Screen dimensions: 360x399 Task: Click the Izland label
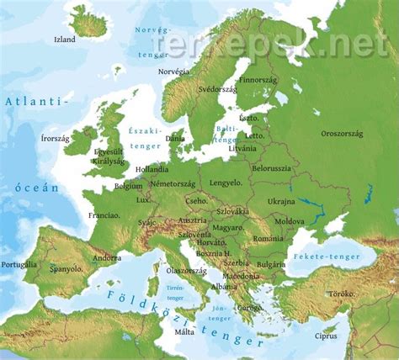pos(65,40)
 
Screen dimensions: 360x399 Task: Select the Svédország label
pos(217,88)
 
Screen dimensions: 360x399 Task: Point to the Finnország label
pos(257,81)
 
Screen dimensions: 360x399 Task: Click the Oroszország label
pos(342,133)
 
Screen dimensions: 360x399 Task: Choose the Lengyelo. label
pos(226,182)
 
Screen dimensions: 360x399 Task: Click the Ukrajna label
pos(281,201)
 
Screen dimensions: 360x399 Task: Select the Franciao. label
pos(104,215)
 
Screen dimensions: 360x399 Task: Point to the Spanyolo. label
pos(66,269)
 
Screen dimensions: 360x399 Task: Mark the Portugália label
pos(19,264)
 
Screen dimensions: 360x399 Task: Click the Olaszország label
pos(187,271)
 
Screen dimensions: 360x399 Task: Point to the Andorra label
pos(107,257)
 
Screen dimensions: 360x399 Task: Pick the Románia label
pos(269,239)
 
